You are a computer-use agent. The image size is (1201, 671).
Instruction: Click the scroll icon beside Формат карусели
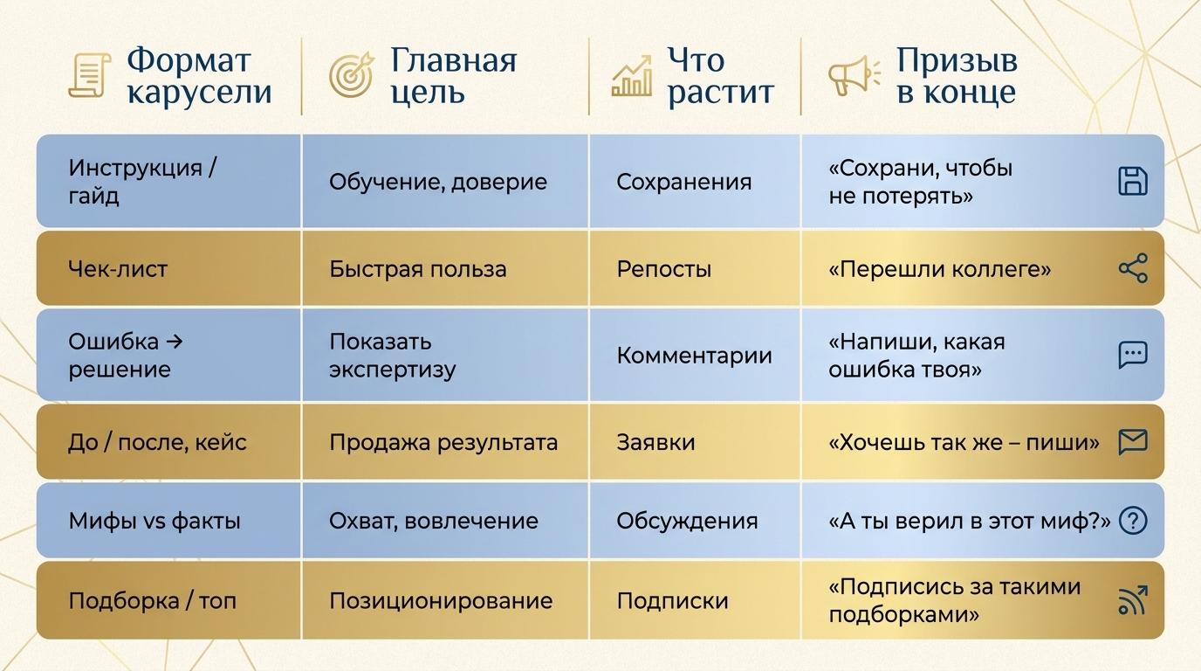(90, 76)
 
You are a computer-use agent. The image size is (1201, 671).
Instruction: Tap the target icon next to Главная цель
(352, 74)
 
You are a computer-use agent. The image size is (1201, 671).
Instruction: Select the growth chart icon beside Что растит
(632, 76)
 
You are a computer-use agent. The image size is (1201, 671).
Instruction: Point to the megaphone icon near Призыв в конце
(854, 76)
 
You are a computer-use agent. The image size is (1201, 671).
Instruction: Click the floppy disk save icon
(1133, 181)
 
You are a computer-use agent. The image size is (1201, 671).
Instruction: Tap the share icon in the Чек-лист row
(1133, 268)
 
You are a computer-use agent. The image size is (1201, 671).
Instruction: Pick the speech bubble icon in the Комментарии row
(1133, 355)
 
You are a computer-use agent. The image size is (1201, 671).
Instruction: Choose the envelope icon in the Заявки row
(1133, 442)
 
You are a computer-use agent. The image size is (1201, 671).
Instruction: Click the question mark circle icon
(1133, 520)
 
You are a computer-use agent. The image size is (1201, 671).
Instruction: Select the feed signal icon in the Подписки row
(1133, 600)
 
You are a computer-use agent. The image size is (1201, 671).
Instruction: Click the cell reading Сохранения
(683, 182)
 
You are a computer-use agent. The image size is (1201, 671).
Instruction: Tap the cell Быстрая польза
(418, 269)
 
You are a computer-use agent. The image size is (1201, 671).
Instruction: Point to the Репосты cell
(663, 269)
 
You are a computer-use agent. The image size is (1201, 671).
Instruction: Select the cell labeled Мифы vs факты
(154, 521)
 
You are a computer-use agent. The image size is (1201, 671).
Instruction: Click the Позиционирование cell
(441, 601)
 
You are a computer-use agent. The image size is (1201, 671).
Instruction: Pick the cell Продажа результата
(443, 443)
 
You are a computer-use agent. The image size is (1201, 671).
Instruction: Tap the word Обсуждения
(687, 521)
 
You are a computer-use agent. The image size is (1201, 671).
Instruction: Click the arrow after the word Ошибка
(175, 342)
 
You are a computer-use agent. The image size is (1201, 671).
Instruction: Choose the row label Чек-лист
(118, 268)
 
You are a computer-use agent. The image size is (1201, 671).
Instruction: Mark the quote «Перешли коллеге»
(939, 269)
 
